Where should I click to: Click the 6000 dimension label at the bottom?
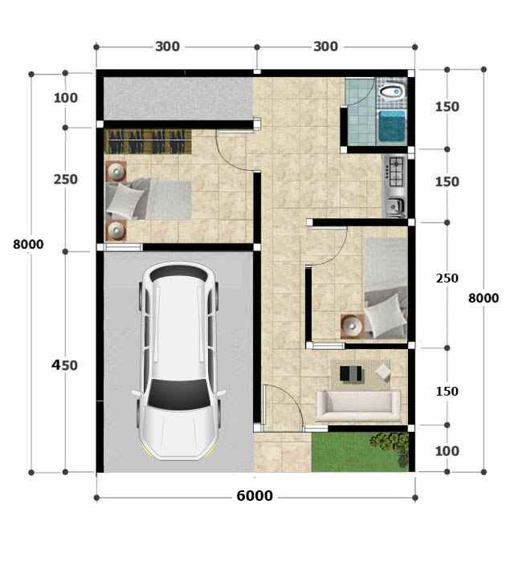255,496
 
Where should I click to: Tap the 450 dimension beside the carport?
64,365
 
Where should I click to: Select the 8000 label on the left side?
28,244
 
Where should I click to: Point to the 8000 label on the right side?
483,298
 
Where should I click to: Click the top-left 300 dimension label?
167,47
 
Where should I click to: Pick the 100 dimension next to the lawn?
447,451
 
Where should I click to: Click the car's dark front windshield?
179,394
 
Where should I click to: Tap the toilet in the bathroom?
391,91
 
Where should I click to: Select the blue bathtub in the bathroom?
392,127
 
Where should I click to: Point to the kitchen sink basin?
394,206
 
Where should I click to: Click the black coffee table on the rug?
350,373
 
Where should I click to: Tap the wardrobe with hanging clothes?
148,141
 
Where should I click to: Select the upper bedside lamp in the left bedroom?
116,171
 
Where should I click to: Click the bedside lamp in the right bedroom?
352,326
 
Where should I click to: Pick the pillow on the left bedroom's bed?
124,201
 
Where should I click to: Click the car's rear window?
179,273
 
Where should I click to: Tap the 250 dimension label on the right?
447,278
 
